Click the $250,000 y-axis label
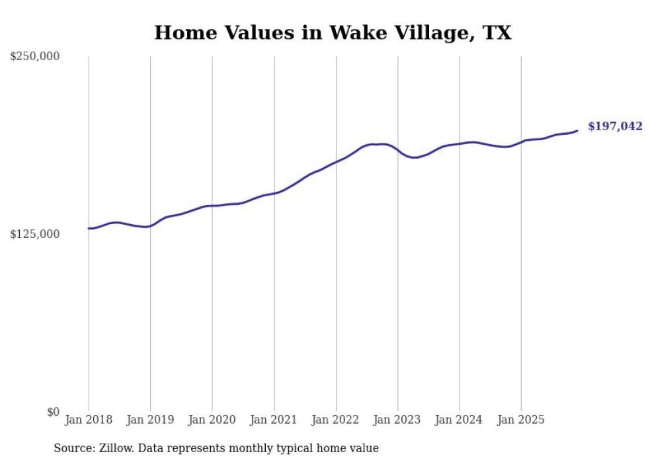click(34, 57)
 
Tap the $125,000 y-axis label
click(34, 235)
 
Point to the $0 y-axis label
click(53, 412)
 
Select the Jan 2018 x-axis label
click(89, 420)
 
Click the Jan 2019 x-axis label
click(150, 420)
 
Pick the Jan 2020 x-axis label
click(212, 420)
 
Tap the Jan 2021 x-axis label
click(274, 420)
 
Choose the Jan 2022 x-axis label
click(336, 420)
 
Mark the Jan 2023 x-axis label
click(397, 420)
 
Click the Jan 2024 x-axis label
click(460, 420)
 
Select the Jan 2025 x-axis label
click(521, 420)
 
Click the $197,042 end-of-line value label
click(615, 126)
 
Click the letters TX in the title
click(497, 32)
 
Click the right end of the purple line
click(577, 130)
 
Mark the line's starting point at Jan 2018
click(89, 229)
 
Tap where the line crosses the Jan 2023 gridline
click(397, 150)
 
